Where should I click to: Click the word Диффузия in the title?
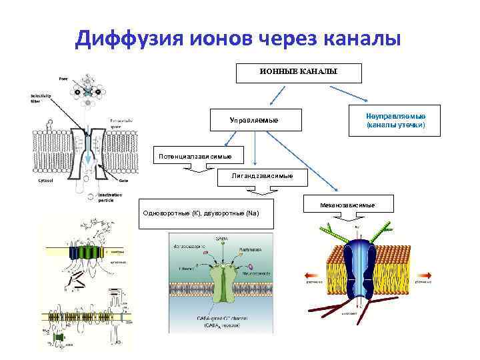[128, 39]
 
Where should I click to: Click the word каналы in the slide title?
[357, 39]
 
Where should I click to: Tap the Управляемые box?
[254, 120]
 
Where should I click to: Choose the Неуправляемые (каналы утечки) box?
[395, 121]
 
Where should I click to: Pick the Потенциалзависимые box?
[195, 156]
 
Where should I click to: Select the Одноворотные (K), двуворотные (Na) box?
[207, 213]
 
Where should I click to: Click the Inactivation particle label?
[109, 197]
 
